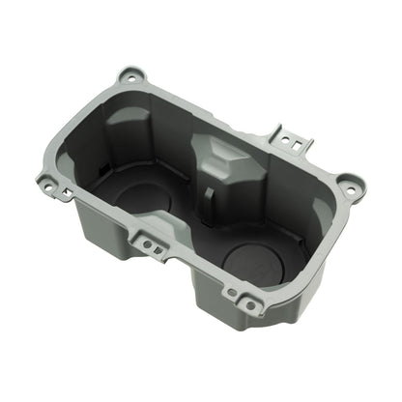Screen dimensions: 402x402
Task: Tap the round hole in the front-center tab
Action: click(147, 244)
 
